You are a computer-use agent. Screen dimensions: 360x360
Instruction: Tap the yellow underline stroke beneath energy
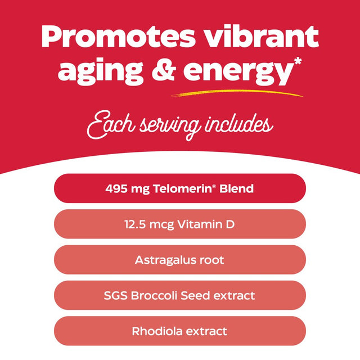[236, 93]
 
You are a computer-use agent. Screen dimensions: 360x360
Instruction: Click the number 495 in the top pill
[115, 188]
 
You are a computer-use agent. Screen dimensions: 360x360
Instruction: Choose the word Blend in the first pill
[237, 188]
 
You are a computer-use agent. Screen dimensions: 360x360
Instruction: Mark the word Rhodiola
[155, 331]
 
